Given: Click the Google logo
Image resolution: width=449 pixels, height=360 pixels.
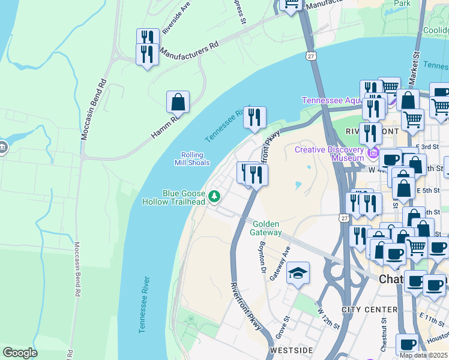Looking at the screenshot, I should (20, 353).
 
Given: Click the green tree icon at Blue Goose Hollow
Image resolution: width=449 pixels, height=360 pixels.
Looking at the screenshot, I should (214, 196).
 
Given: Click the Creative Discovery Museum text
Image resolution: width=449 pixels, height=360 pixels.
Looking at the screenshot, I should (329, 154).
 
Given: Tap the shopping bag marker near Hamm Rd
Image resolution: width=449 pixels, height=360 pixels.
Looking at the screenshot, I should (178, 103).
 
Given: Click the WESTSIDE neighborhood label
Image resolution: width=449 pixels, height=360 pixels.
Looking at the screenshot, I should (291, 350).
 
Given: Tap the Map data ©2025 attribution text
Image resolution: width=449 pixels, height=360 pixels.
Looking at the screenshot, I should (423, 355).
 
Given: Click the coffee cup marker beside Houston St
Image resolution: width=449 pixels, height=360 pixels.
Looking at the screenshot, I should (407, 345).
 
